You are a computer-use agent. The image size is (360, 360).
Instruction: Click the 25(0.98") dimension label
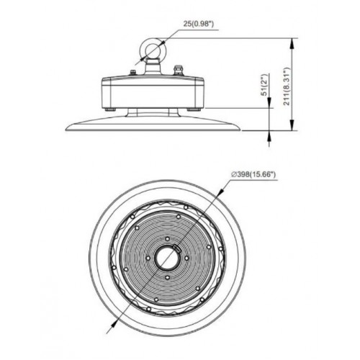[x=198, y=24]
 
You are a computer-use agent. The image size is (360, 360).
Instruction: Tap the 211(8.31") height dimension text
[x=287, y=86]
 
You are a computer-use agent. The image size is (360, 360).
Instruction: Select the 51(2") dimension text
[x=264, y=85]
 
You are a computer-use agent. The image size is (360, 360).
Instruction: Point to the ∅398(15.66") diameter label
[x=253, y=174]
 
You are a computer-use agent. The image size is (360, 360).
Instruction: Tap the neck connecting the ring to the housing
[x=152, y=67]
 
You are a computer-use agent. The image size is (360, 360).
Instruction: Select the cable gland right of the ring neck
[x=178, y=71]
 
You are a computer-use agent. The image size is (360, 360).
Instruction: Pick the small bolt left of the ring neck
[x=132, y=72]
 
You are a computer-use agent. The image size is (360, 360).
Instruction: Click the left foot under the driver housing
[x=110, y=109]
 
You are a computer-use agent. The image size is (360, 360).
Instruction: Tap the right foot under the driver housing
[x=194, y=109]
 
